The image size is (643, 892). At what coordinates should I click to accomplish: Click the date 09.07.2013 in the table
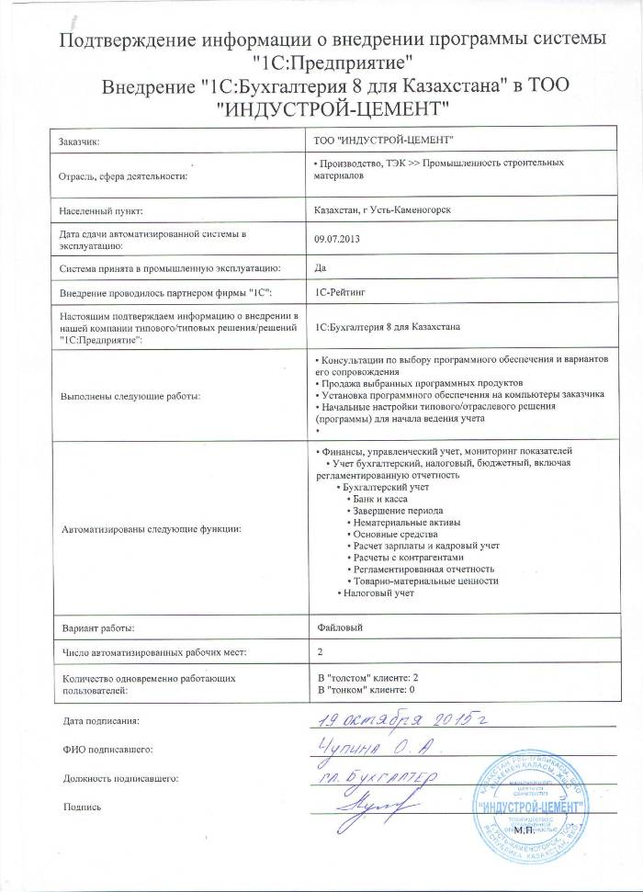(x=334, y=238)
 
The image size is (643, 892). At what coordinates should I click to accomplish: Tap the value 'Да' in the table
(x=321, y=267)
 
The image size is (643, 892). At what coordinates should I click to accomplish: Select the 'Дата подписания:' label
(x=102, y=722)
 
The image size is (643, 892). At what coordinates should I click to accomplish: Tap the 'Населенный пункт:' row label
(x=99, y=210)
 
